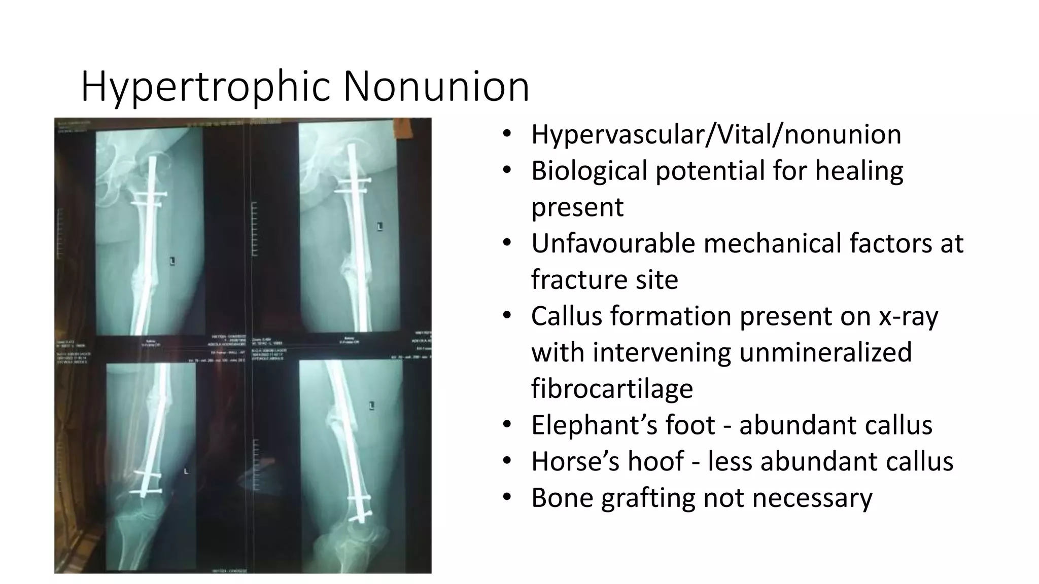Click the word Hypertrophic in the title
pyautogui.click(x=205, y=87)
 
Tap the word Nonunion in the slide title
pyautogui.click(x=436, y=87)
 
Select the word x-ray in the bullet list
pyautogui.click(x=909, y=316)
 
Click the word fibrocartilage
pyautogui.click(x=612, y=389)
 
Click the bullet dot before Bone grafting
pyautogui.click(x=507, y=497)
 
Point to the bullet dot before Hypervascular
pyautogui.click(x=507, y=134)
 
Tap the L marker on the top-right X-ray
pyautogui.click(x=380, y=226)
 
